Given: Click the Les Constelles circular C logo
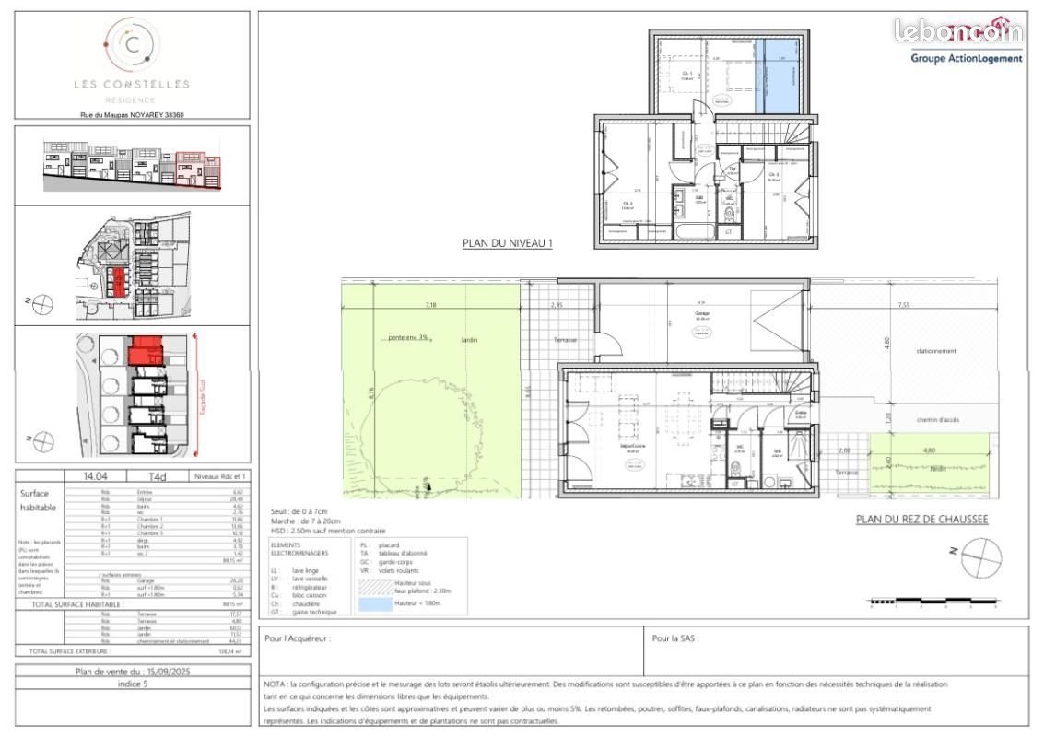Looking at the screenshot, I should point(132,44).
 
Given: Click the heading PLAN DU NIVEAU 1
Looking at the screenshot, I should point(507,244).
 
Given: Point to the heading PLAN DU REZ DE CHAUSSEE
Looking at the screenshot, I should point(921,520).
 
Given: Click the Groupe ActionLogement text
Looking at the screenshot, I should point(966,58).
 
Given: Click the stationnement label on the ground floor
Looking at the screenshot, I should point(936,351).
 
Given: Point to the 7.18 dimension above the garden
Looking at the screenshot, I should point(431,304).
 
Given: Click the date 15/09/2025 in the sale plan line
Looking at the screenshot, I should point(167,672).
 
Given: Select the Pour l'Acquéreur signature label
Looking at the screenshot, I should point(297,638).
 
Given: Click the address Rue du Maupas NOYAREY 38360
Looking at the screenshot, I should point(132,116).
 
